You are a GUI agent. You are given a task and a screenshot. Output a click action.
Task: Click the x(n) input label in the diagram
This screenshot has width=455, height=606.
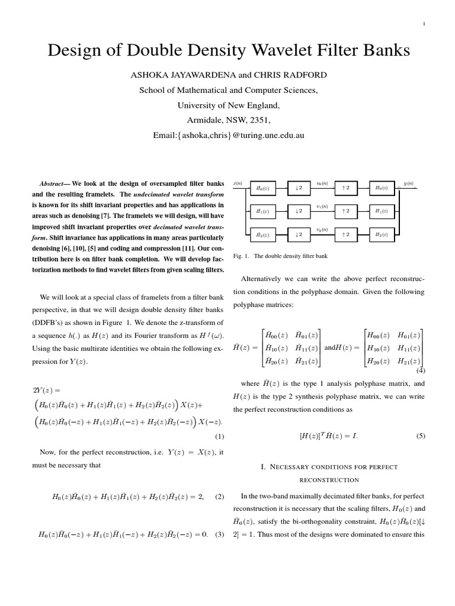click(x=238, y=183)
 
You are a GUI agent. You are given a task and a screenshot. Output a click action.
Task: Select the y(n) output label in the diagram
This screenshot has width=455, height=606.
click(x=409, y=183)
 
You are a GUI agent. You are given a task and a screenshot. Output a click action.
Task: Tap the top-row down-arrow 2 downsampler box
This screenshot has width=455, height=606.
click(x=299, y=188)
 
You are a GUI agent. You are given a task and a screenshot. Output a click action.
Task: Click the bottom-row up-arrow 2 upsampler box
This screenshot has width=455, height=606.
click(x=346, y=234)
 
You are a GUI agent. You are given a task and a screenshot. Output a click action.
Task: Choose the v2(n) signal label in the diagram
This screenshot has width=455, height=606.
click(x=322, y=229)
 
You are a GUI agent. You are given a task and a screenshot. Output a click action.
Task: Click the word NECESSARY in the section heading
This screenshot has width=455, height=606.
click(x=291, y=468)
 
